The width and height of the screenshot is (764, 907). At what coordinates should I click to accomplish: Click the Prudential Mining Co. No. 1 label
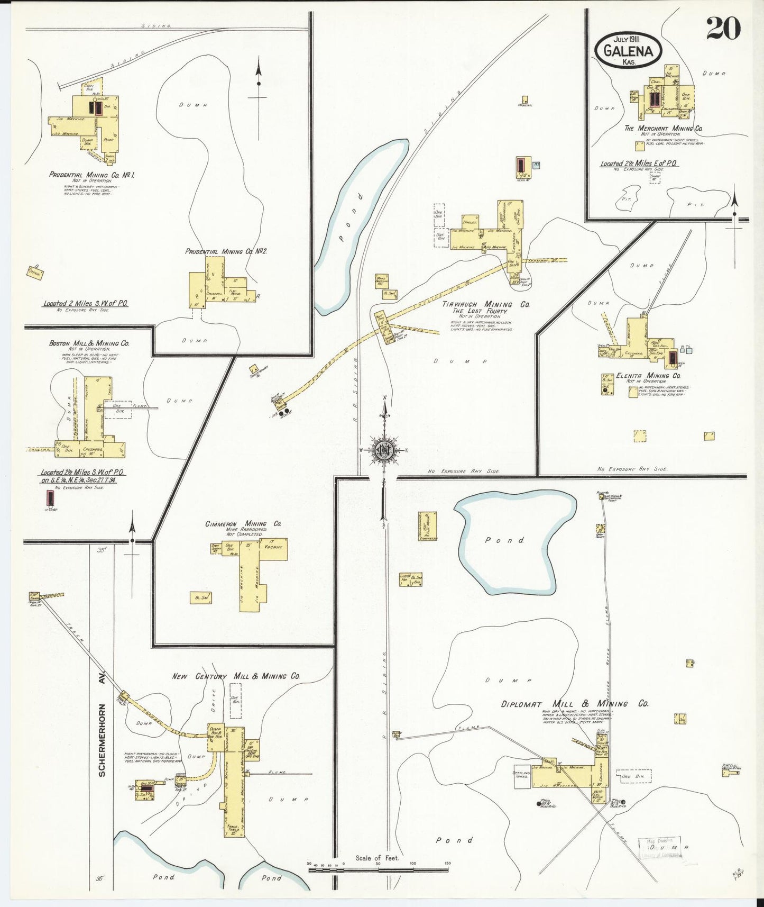pyautogui.click(x=91, y=175)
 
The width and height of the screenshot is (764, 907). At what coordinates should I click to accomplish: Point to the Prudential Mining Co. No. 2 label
pyautogui.click(x=226, y=251)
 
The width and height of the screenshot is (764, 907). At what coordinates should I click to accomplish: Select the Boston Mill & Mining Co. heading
pyautogui.click(x=89, y=343)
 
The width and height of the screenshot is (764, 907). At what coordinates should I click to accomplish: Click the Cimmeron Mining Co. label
pyautogui.click(x=243, y=524)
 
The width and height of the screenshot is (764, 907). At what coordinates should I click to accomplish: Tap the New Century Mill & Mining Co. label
pyautogui.click(x=236, y=676)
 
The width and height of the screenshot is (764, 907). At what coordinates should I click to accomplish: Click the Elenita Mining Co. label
pyautogui.click(x=648, y=376)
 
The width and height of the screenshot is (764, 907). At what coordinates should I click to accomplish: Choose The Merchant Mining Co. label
pyautogui.click(x=663, y=129)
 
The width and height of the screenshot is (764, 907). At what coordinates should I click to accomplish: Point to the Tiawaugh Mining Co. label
pyautogui.click(x=486, y=305)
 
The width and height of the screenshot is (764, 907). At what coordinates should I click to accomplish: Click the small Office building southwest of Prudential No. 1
pyautogui.click(x=35, y=272)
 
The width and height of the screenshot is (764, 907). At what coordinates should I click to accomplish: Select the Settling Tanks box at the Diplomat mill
pyautogui.click(x=522, y=776)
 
